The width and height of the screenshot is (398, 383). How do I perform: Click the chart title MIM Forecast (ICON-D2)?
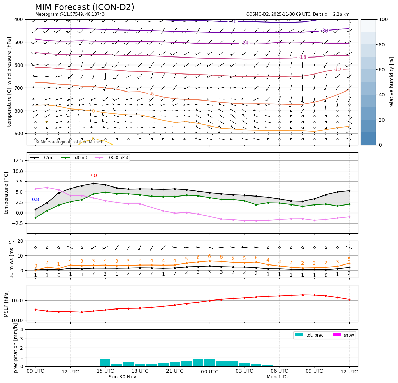point(84,7)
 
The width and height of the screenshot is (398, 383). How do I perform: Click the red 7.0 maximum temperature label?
point(93,176)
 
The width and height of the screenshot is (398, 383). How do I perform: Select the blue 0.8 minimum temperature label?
point(35,199)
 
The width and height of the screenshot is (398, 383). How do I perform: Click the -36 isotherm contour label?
point(233,22)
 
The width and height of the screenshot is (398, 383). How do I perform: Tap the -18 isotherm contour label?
point(302,57)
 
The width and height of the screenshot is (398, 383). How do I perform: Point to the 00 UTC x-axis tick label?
point(210,371)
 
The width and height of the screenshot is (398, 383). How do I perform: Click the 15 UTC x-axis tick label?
point(105,371)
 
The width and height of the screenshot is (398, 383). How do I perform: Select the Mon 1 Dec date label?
point(279,377)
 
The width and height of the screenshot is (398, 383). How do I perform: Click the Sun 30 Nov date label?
point(122,377)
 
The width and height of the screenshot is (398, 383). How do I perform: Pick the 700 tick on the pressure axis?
point(19,88)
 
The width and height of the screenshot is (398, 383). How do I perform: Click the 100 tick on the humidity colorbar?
point(384,19)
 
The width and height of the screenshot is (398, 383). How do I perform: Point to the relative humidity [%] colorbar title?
point(392,82)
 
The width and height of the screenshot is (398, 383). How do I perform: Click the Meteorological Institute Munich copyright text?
point(69,142)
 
